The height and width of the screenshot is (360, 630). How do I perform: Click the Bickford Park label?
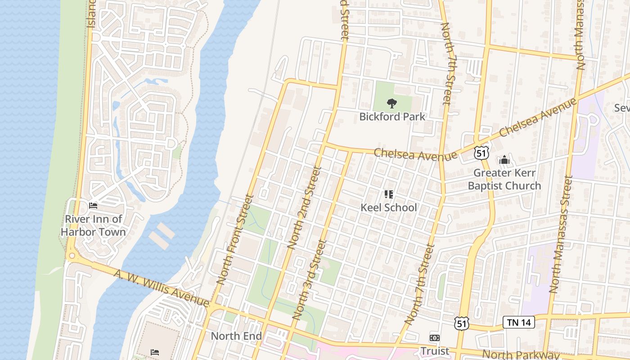pyautogui.click(x=392, y=117)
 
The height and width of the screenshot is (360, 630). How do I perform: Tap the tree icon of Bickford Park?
pyautogui.click(x=392, y=103)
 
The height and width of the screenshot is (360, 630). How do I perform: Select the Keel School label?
pyautogui.click(x=389, y=207)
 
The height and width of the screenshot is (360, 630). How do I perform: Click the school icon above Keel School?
pyautogui.click(x=389, y=194)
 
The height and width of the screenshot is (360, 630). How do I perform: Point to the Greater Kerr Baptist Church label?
pyautogui.click(x=504, y=179)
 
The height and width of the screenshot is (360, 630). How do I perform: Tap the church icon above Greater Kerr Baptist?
pyautogui.click(x=504, y=160)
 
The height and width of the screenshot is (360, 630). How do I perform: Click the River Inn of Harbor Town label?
pyautogui.click(x=93, y=225)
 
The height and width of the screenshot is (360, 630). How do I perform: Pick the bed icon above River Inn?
pyautogui.click(x=93, y=206)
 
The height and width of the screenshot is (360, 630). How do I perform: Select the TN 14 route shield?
pyautogui.click(x=518, y=322)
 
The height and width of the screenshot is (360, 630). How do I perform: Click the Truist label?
pyautogui.click(x=435, y=351)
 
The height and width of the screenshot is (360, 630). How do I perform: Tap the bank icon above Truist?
pyautogui.click(x=435, y=337)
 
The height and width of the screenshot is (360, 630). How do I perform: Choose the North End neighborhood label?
pyautogui.click(x=237, y=336)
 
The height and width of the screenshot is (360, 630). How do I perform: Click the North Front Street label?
pyautogui.click(x=235, y=239)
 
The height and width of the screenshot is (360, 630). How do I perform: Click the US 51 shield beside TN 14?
pyautogui.click(x=462, y=324)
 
